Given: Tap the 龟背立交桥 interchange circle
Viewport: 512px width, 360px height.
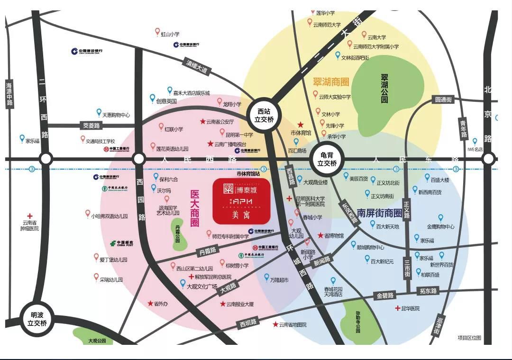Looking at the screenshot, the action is point(327,160).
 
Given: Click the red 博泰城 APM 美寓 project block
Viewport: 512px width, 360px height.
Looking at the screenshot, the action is point(241,201).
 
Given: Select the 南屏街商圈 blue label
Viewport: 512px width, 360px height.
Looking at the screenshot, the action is point(379,213).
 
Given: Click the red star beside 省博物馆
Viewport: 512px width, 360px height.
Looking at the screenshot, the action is point(320,235).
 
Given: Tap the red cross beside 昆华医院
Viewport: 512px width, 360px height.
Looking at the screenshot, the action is point(397,308).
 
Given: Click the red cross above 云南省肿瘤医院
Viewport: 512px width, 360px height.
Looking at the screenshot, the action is point(30,215).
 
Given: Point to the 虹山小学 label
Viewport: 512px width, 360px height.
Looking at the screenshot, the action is point(170,34).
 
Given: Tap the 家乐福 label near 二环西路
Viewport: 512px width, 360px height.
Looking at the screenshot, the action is point(33,141).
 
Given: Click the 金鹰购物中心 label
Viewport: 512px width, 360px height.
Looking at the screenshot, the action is point(440,226).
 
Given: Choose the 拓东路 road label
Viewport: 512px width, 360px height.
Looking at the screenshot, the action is point(428,290).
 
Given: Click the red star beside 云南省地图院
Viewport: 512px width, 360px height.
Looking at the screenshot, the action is point(275,324).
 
